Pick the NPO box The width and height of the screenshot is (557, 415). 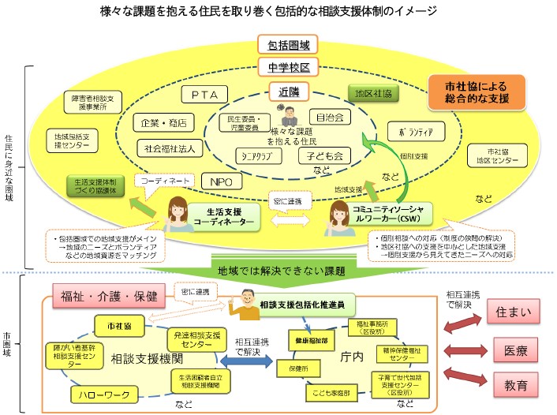pyautogui.click(x=219, y=181)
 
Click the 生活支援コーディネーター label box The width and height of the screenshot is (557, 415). pyautogui.click(x=226, y=217)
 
